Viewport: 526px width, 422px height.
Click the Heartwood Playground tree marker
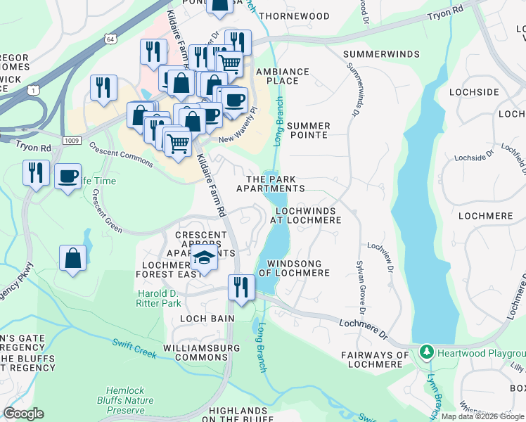point(425,351)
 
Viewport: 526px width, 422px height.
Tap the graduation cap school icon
point(204,258)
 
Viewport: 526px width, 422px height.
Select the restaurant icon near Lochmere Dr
point(240,287)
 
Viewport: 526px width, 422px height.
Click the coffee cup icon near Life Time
point(68,176)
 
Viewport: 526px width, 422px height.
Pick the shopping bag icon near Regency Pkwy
point(73,258)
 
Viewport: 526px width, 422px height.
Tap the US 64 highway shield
point(111,39)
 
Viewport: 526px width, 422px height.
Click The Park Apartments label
point(271,184)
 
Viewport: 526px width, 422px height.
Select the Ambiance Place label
point(282,76)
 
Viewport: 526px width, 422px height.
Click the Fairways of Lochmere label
point(374,359)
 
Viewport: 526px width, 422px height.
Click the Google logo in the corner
point(23,414)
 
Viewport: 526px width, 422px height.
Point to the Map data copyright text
point(482,416)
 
